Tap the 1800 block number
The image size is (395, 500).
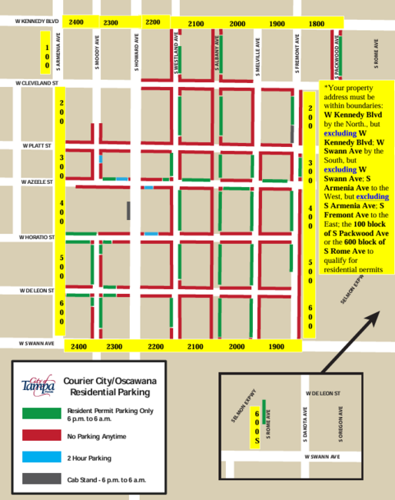point(316,24)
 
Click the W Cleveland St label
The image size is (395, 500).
point(38,82)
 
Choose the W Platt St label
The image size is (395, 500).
point(36,145)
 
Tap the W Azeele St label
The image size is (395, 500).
point(35,182)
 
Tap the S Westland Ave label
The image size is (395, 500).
point(177,52)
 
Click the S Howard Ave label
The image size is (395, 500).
point(136,52)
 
